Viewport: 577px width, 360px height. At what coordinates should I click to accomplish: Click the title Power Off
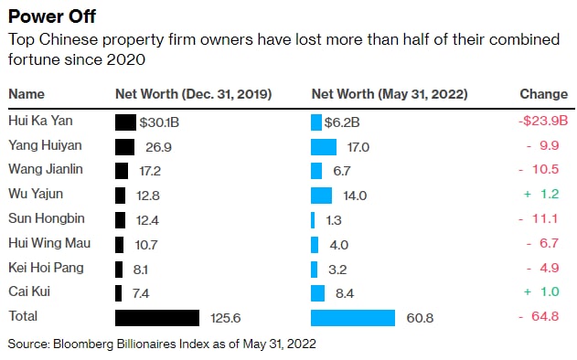[x=52, y=16]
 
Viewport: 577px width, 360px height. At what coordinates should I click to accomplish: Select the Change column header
[x=543, y=94]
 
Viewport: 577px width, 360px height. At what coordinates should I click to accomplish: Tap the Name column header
[x=27, y=94]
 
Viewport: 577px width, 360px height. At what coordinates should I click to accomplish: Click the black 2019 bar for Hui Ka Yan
[x=125, y=122]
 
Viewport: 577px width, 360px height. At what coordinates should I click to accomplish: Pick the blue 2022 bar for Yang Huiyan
[x=324, y=147]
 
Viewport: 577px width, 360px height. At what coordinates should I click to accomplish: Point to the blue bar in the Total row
[x=353, y=318]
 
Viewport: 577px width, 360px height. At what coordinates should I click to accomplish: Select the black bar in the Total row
[x=157, y=318]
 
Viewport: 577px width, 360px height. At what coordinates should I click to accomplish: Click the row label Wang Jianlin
[x=46, y=170]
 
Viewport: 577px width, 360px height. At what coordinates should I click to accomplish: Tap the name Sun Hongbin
[x=47, y=218]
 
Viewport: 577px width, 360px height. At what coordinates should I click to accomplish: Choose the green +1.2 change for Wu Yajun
[x=541, y=194]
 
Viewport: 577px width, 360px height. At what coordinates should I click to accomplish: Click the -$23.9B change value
[x=543, y=121]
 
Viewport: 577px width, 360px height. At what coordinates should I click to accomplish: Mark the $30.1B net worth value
[x=159, y=122]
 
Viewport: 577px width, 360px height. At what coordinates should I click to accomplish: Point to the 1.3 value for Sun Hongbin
[x=334, y=220]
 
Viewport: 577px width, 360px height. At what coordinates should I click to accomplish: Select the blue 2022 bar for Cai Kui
[x=317, y=293]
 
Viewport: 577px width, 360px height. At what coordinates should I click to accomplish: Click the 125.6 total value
[x=226, y=318]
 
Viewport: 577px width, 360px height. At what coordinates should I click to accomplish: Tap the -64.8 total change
[x=539, y=316]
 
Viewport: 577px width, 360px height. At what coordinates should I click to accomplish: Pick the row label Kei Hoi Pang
[x=46, y=268]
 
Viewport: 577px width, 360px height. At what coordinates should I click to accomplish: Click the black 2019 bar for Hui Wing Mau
[x=119, y=245]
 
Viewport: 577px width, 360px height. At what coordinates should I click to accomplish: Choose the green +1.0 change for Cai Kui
[x=541, y=291]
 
